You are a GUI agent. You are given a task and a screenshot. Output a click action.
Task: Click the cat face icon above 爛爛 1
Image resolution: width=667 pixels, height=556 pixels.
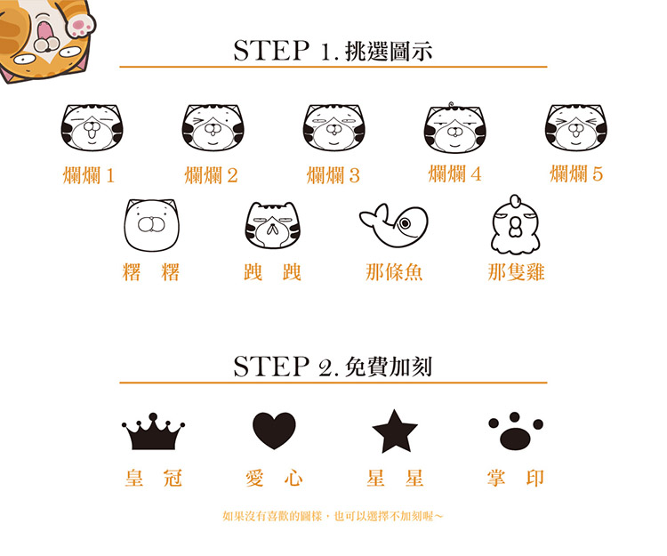pos(92,127)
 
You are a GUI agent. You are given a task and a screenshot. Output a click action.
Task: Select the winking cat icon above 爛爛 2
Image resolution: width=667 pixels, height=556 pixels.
pos(213,127)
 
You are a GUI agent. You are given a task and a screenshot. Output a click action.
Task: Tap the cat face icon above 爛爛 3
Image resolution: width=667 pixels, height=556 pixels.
pos(334,127)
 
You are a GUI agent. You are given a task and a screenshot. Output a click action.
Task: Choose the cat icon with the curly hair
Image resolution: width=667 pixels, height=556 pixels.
pos(455,127)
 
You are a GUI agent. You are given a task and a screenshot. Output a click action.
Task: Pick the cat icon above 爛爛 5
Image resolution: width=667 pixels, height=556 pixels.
pos(576,127)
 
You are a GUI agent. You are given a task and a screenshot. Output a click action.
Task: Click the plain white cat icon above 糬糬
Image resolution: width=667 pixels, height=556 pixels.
pos(151,225)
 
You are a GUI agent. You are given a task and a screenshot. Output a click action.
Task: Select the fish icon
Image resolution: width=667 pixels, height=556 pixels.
pos(393,225)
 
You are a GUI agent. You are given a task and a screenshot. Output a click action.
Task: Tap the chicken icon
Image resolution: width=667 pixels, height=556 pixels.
pos(516,224)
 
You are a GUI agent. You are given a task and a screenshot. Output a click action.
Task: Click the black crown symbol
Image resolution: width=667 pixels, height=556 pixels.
pos(153,431)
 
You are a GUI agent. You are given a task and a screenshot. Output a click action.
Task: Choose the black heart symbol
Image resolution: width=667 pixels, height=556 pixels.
pos(274,431)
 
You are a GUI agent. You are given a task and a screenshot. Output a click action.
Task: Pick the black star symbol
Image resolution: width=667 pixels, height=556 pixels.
pos(395,431)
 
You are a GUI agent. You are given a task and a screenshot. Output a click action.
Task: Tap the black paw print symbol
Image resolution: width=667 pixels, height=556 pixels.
pos(516,431)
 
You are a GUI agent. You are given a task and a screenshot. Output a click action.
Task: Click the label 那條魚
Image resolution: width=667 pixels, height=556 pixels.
pos(394,272)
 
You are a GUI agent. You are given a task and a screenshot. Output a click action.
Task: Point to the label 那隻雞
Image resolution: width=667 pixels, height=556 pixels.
pos(516,272)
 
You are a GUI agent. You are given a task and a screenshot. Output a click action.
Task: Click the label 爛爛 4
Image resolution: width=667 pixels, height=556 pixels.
pos(454,174)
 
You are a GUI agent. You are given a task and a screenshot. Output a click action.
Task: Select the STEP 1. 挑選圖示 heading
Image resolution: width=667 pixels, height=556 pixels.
pos(333,51)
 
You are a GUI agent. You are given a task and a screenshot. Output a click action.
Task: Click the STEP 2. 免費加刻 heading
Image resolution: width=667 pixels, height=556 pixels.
pos(333,367)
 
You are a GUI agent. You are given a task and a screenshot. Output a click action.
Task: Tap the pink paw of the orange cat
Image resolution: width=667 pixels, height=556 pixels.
pos(81,25)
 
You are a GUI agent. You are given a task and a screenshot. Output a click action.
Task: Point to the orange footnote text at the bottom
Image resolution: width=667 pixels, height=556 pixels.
pos(333,517)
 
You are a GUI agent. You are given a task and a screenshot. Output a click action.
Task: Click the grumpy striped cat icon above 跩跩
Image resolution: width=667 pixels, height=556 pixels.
pos(273,225)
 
